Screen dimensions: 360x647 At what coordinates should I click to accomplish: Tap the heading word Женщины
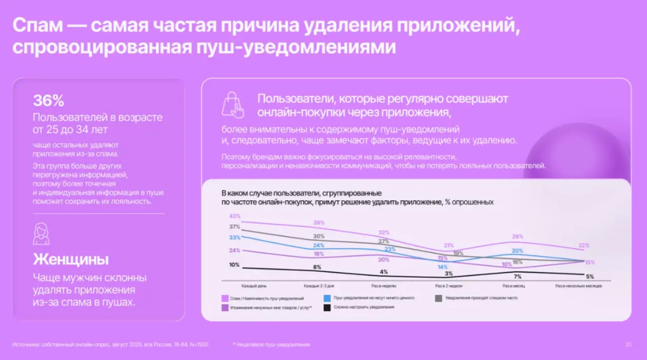tap(71, 260)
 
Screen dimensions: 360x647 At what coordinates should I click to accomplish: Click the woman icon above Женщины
tap(41, 234)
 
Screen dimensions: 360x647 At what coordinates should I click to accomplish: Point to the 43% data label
tap(235, 216)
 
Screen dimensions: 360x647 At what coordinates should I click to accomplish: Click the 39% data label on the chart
tap(318, 222)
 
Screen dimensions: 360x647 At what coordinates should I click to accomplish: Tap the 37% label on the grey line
tap(235, 227)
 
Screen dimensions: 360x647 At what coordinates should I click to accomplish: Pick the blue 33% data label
tap(235, 237)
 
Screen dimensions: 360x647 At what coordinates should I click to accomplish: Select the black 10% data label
tap(234, 264)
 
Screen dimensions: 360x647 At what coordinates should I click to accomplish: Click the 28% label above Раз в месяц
tap(517, 236)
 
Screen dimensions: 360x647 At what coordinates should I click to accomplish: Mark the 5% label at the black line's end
tap(589, 276)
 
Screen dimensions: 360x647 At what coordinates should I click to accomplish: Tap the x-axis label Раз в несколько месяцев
tap(578, 286)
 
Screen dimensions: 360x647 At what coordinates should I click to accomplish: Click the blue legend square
tap(327, 298)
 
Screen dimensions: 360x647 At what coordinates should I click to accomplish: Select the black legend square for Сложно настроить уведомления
tap(327, 307)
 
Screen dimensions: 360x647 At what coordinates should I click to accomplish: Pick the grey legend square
tap(439, 298)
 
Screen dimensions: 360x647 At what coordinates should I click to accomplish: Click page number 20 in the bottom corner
tap(628, 345)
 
